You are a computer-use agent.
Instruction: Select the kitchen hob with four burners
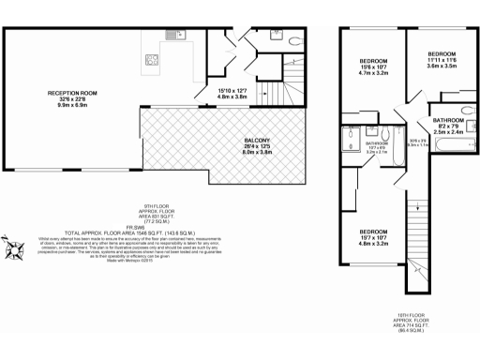click(150, 63)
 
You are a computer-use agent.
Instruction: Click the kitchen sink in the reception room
click(180, 36)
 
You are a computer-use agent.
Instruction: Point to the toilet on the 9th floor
click(292, 41)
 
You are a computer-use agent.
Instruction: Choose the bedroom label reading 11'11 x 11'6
click(441, 60)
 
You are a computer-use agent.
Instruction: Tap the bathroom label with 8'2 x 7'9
click(447, 126)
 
